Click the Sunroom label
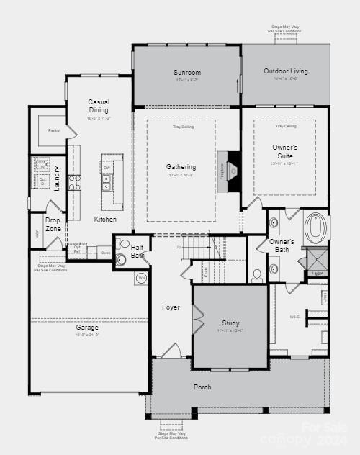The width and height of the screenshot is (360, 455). (186, 73)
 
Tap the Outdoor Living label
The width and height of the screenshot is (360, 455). (285, 71)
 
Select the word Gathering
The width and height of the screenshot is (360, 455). (181, 167)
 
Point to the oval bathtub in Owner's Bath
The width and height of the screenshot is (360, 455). (315, 227)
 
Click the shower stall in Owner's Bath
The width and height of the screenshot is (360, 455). (317, 258)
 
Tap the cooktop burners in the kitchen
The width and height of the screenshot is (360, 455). (74, 182)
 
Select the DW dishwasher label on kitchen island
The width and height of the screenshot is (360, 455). (107, 168)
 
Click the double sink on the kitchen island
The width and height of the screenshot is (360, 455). (107, 182)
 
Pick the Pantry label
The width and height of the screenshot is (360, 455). (53, 130)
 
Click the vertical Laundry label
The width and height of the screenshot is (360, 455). (57, 179)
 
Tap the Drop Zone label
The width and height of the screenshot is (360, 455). (53, 224)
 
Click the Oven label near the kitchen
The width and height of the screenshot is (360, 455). (105, 253)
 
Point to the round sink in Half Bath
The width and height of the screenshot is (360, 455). (121, 259)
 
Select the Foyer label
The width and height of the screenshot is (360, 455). (171, 307)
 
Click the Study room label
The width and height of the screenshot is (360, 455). (230, 323)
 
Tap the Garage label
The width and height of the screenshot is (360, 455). (87, 328)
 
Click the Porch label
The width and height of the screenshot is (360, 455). (202, 387)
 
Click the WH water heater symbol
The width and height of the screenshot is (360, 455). (141, 278)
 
